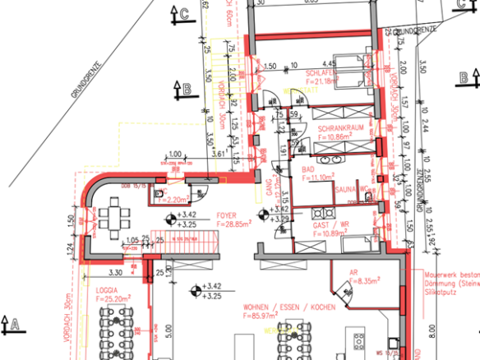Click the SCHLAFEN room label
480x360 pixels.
357,72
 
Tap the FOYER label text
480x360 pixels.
226,215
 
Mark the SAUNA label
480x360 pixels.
345,189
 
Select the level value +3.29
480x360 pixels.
279,219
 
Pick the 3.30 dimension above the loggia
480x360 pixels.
116,271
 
